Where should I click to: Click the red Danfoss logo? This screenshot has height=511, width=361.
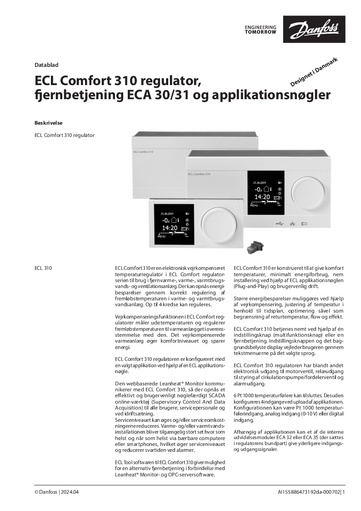(x=314, y=29)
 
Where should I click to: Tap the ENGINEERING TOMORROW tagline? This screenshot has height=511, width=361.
(x=260, y=30)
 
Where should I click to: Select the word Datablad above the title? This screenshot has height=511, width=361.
(x=46, y=65)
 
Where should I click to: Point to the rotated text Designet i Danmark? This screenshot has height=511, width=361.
(x=314, y=72)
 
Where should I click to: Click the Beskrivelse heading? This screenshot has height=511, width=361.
(x=48, y=123)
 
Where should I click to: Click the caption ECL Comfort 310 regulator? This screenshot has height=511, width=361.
(x=65, y=135)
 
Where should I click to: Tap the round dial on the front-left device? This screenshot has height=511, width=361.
(x=219, y=225)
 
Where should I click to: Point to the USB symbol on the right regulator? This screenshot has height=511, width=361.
(x=279, y=223)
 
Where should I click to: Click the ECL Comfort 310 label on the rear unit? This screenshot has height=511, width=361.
(x=143, y=151)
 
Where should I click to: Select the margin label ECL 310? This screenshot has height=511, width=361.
(x=43, y=268)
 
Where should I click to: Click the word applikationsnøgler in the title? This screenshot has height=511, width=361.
(x=282, y=96)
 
